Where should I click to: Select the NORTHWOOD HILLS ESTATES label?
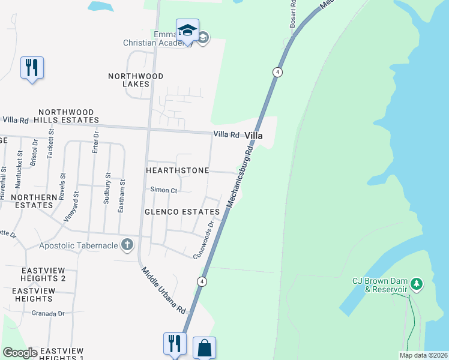66,116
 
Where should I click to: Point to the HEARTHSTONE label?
177,170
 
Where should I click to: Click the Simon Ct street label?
163,190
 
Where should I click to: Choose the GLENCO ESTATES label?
182,212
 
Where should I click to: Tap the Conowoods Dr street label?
204,241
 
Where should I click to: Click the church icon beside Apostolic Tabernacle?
127,244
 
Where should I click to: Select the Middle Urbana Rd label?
164,291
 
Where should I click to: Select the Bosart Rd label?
293,13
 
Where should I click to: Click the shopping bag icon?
204,347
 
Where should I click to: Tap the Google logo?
20,353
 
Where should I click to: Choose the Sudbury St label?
107,189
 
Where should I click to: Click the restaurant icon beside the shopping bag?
175,344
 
